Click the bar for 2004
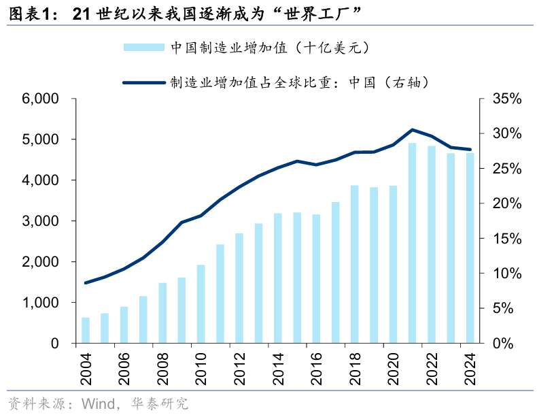[x=86, y=331]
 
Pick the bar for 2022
[x=431, y=244]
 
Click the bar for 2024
[x=470, y=248]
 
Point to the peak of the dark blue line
[x=413, y=129]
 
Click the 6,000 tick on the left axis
[x=40, y=99]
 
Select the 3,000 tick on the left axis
[x=40, y=221]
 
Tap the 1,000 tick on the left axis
[x=40, y=303]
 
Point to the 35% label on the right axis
[x=506, y=99]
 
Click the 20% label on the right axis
[x=506, y=204]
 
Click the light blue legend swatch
[x=143, y=47]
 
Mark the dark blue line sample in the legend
[x=143, y=82]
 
